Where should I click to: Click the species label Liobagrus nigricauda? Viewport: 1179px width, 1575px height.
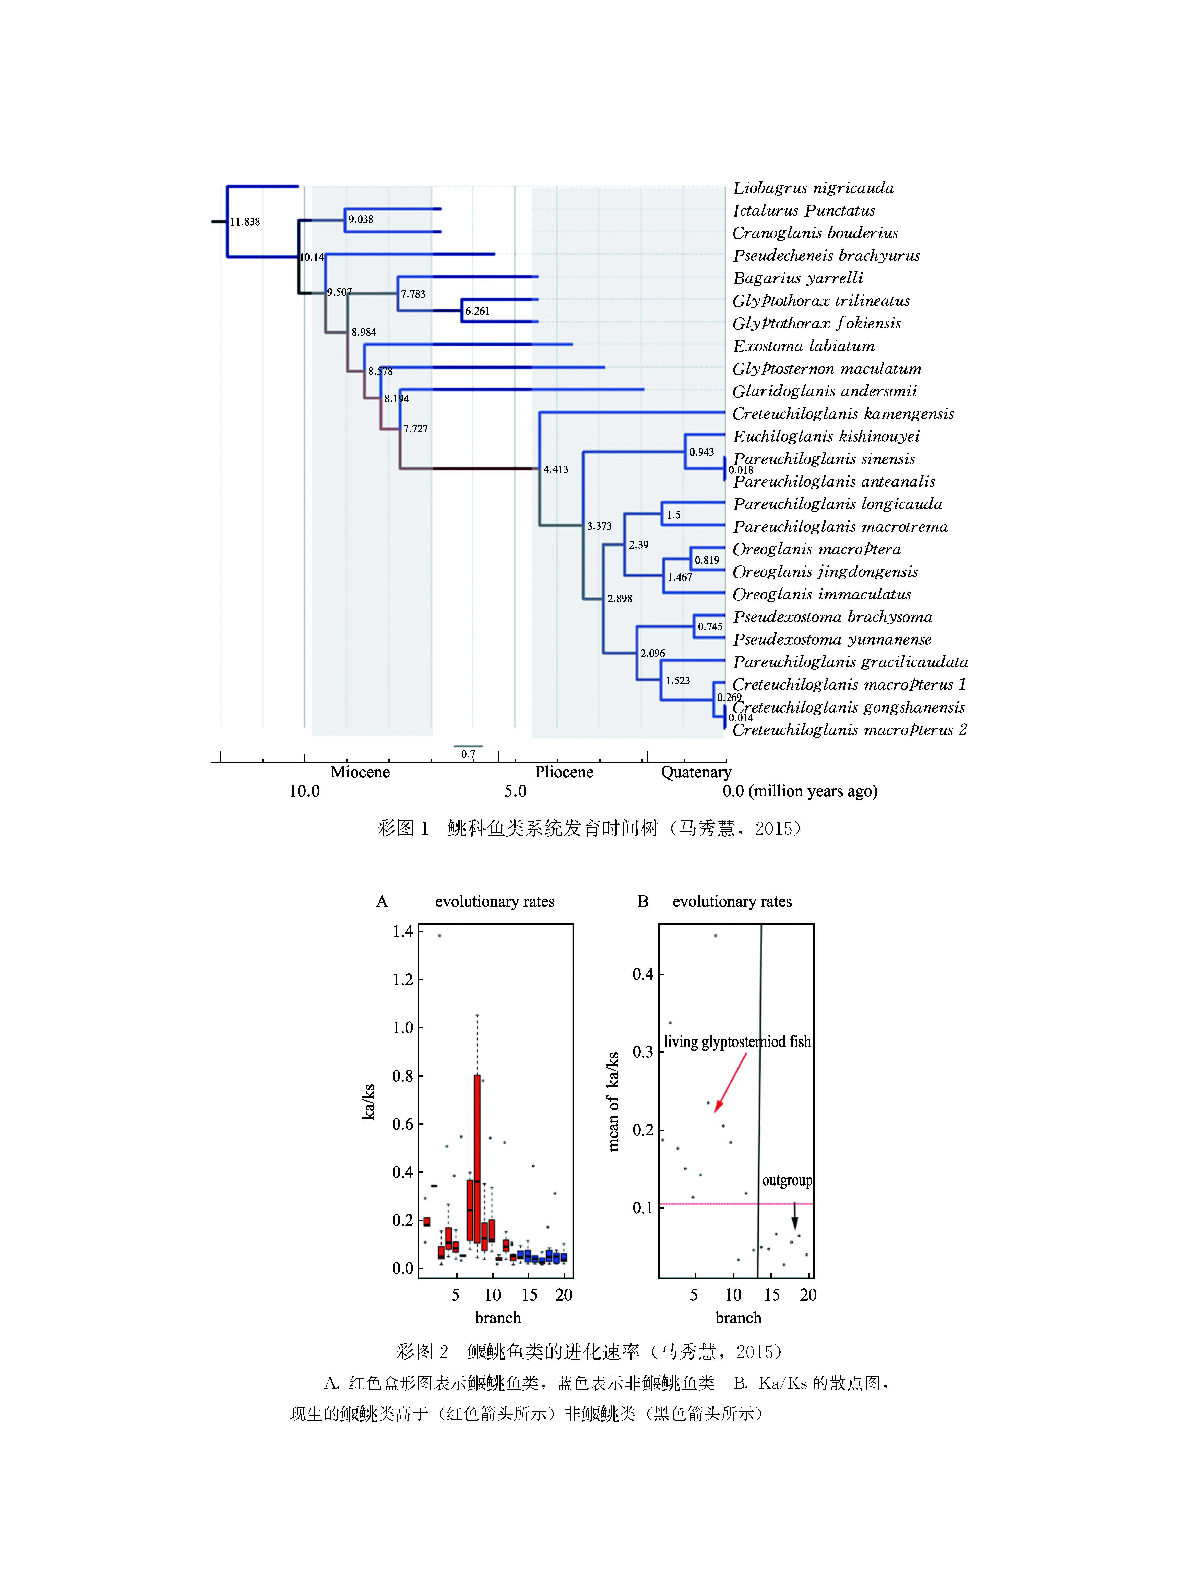(x=813, y=188)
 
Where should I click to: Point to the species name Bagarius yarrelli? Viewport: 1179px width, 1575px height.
(x=797, y=278)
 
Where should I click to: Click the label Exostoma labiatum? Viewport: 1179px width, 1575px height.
(x=803, y=346)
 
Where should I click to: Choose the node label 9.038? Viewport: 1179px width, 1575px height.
(x=360, y=219)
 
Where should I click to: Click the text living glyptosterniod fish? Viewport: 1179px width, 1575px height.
(x=737, y=1042)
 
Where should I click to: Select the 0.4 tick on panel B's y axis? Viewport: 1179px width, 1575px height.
(x=643, y=974)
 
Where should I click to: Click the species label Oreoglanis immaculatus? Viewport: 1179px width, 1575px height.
(x=821, y=595)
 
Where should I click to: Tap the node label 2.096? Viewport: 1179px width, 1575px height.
(x=652, y=653)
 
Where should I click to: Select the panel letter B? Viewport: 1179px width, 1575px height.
(x=643, y=902)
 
